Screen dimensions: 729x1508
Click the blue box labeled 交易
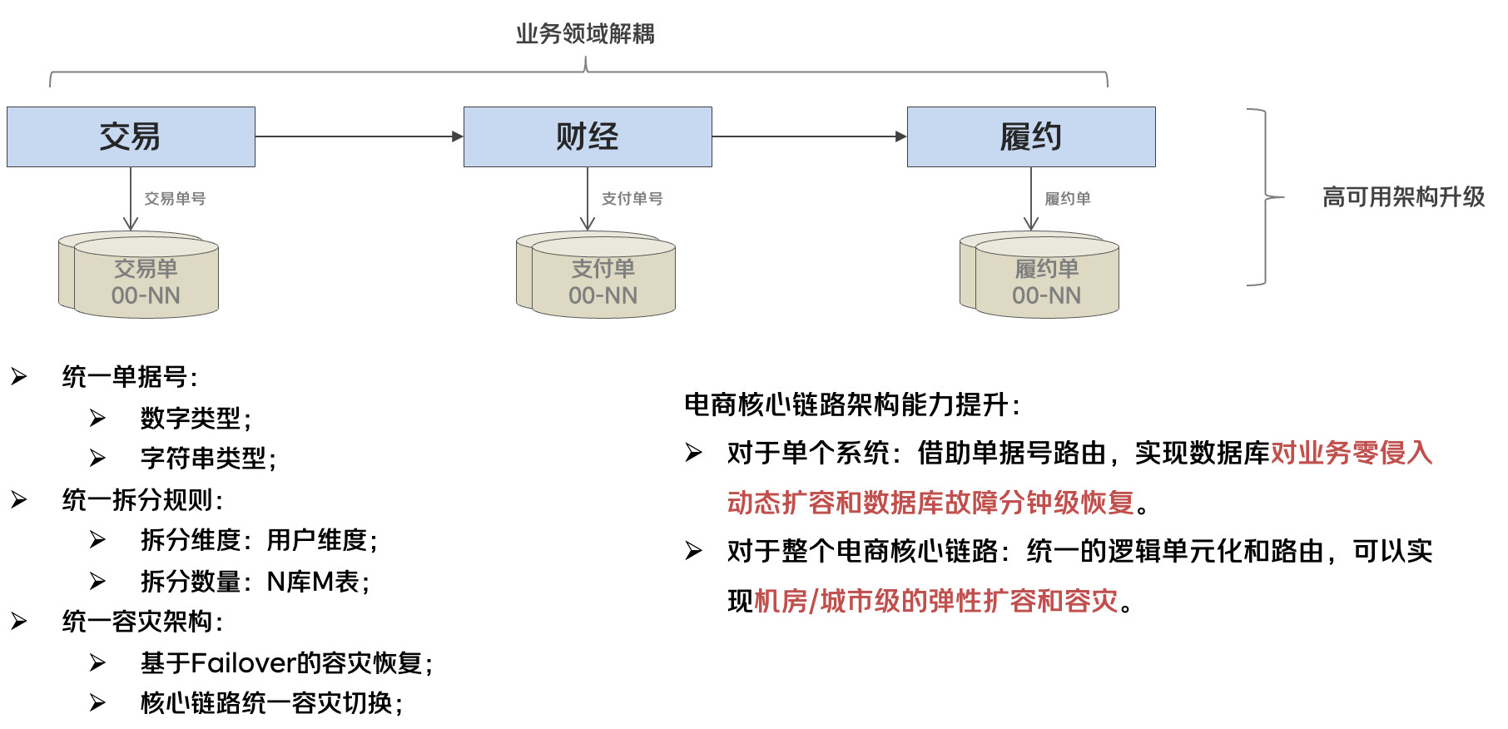coord(131,136)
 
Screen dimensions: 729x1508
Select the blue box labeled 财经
coord(588,136)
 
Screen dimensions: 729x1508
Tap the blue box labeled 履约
coord(1031,136)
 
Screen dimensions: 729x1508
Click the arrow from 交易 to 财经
coord(359,136)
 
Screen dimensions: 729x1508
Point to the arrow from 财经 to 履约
coord(809,136)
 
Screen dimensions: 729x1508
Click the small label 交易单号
coord(175,199)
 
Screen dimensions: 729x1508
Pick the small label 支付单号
coord(632,199)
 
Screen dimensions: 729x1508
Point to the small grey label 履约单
coord(1068,199)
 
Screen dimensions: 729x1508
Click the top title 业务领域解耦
coord(585,34)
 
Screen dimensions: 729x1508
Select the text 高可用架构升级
coord(1403,197)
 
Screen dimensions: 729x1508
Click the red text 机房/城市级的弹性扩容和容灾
coord(936,601)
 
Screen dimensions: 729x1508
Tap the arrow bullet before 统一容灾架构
coord(19,622)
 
